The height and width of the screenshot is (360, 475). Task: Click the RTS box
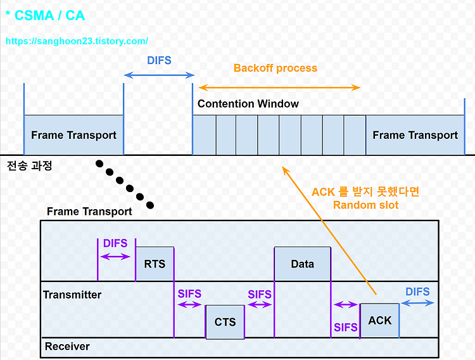tap(155, 264)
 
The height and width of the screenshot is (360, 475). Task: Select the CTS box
tap(225, 322)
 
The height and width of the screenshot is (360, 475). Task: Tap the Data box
tap(302, 264)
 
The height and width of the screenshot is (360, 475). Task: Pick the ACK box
tap(379, 320)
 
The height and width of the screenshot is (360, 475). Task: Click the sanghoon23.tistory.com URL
tap(77, 41)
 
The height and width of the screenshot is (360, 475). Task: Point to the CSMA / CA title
tap(45, 15)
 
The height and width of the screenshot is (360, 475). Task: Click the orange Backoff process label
tap(275, 68)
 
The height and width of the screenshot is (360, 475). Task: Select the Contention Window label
tap(248, 104)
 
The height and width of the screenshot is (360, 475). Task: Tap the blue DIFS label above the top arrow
tap(159, 60)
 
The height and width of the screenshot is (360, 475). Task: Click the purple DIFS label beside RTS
tap(115, 243)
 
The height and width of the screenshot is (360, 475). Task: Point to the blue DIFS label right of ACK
tap(417, 292)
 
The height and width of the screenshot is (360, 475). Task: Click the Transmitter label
tap(72, 295)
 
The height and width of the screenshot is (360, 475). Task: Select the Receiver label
tap(67, 346)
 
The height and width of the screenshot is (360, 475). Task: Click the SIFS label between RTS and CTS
tap(189, 293)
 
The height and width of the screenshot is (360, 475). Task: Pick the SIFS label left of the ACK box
tap(346, 328)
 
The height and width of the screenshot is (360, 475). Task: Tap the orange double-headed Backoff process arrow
tap(279, 87)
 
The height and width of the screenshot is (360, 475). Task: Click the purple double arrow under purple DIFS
tap(115, 257)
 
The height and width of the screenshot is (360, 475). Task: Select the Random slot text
tap(365, 205)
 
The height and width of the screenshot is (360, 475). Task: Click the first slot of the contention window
tap(205, 135)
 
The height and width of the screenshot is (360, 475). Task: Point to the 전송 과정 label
tap(29, 165)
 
